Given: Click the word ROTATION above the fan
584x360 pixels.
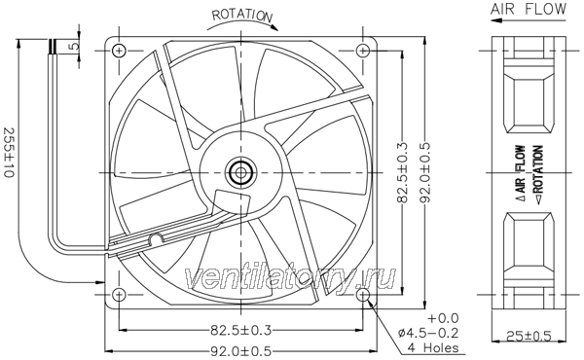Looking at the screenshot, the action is [242, 15].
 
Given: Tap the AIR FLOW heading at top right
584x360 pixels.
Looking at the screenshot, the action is [529, 9].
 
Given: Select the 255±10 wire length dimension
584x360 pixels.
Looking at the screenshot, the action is [9, 153].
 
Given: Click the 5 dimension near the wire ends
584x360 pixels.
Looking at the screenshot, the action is [75, 46].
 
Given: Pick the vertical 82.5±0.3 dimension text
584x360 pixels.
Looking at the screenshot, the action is [403, 172].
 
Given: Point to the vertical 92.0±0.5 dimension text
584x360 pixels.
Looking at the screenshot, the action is [424, 172].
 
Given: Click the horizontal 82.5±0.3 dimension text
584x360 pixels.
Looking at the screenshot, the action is [241, 330].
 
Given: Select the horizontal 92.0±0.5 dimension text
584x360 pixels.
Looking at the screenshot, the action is [241, 351].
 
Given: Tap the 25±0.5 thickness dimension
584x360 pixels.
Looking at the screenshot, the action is [529, 337].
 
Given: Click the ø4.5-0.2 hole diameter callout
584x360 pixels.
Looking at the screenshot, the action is [428, 333].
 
